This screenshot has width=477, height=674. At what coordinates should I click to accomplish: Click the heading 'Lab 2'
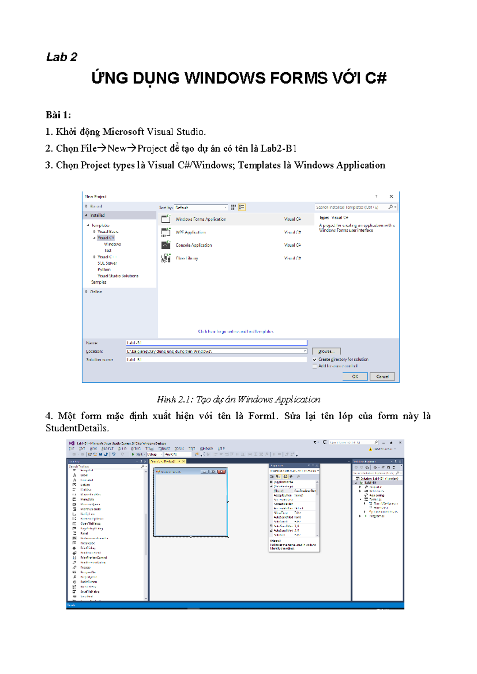click(x=62, y=57)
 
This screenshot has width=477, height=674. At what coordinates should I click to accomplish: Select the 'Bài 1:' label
click(x=58, y=115)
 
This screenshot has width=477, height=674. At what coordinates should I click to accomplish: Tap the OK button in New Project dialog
click(x=355, y=376)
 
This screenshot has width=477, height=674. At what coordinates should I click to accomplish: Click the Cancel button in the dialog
click(x=382, y=376)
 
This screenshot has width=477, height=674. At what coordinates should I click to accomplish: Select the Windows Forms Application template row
click(x=201, y=219)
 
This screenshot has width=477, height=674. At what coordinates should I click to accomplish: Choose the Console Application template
click(x=194, y=245)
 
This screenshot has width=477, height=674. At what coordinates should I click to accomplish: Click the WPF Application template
click(x=190, y=232)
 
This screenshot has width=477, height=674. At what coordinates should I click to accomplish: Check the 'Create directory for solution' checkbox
click(x=315, y=359)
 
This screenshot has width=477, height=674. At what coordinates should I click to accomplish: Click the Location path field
click(x=215, y=351)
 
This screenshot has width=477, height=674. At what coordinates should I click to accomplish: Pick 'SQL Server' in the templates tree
click(x=107, y=263)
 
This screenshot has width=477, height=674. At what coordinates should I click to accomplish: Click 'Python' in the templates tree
click(x=104, y=269)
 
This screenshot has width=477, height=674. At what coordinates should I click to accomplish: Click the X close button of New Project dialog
click(x=391, y=196)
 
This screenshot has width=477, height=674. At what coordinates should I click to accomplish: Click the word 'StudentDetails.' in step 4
click(x=77, y=428)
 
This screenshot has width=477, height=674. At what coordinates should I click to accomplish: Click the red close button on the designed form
click(x=221, y=472)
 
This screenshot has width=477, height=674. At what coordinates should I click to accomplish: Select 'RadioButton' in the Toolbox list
click(x=89, y=582)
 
